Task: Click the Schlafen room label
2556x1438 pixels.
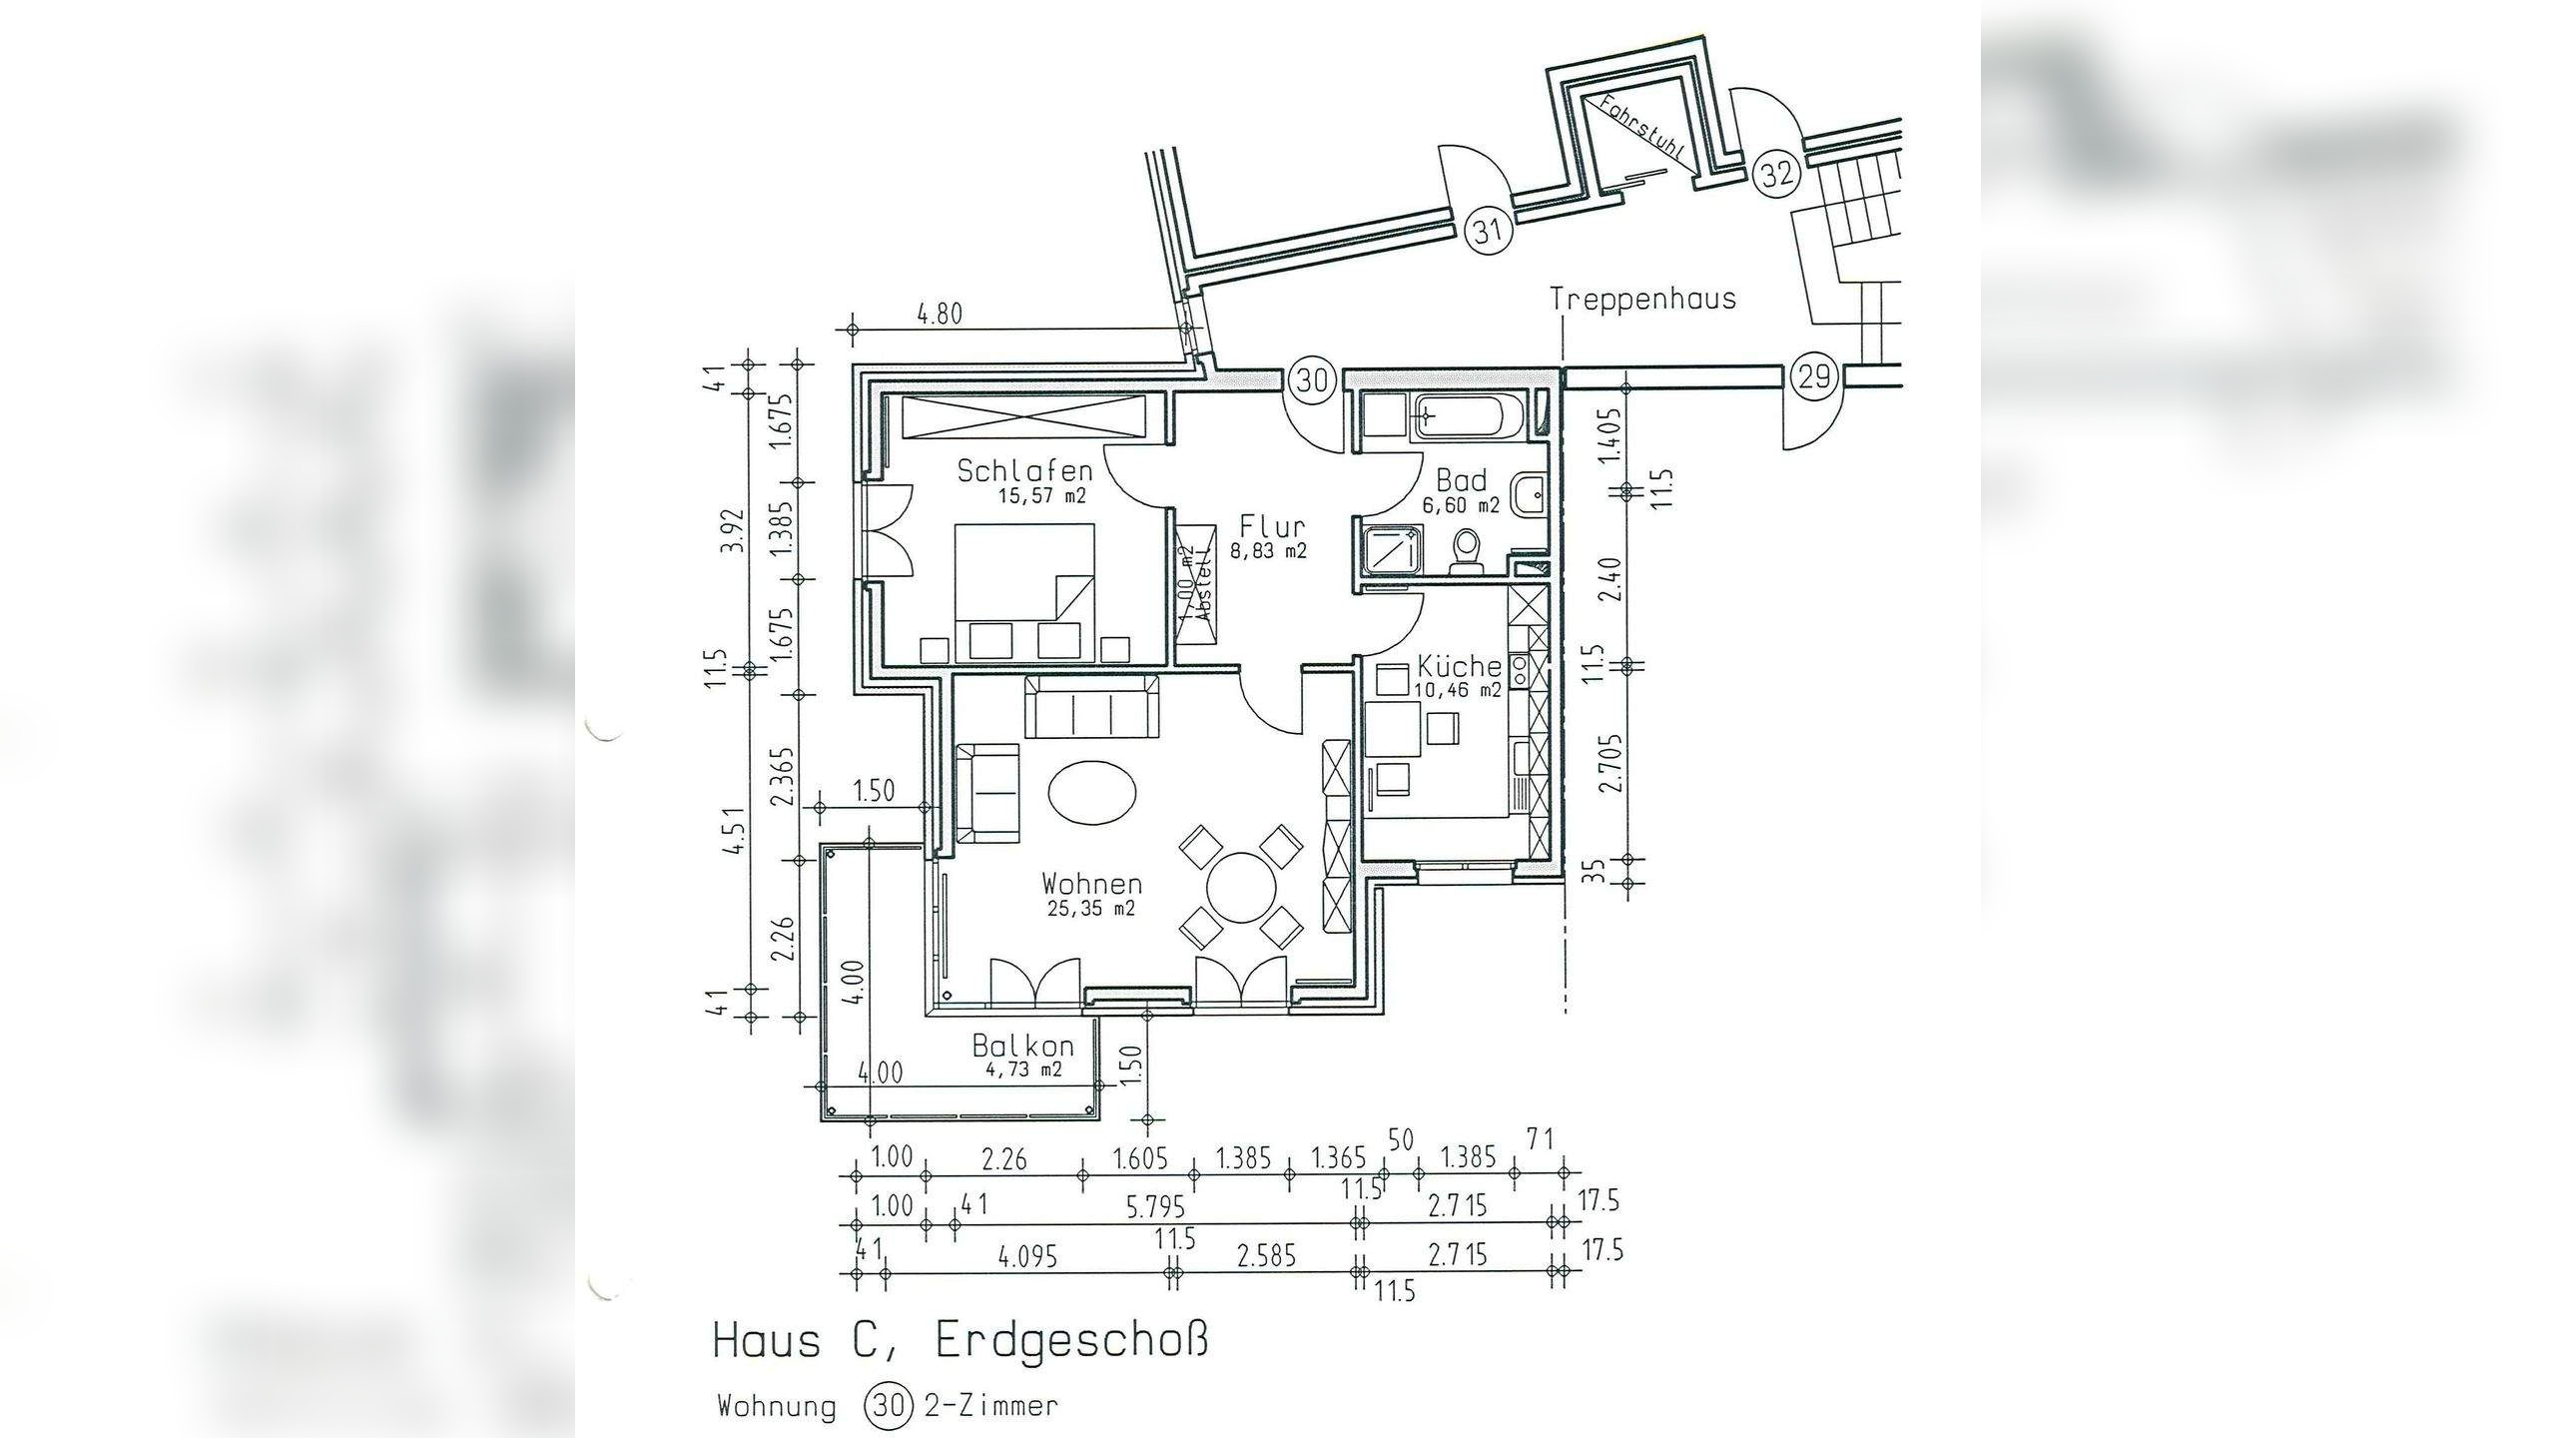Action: [1024, 470]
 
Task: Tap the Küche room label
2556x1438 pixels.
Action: [1459, 666]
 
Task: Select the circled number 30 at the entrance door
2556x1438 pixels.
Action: [1312, 379]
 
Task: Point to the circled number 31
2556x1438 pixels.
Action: [1488, 232]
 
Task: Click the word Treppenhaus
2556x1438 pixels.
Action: [1642, 299]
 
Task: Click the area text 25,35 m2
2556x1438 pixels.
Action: [1091, 910]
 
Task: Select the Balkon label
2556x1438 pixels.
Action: [1022, 1046]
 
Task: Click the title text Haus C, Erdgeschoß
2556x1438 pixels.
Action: [959, 1340]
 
